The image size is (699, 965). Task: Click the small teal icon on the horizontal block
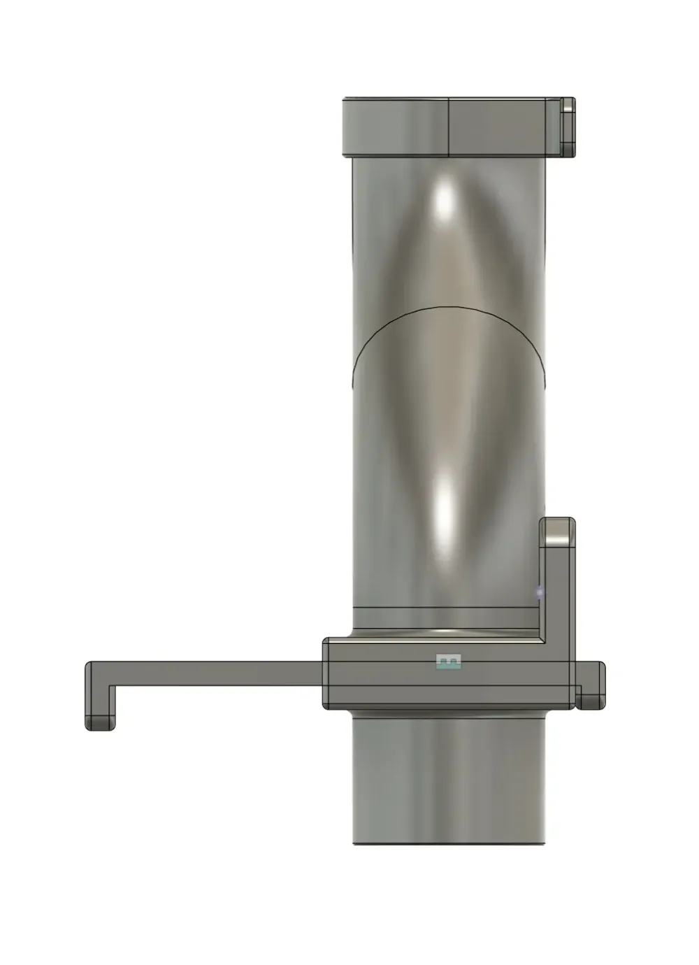pyautogui.click(x=449, y=662)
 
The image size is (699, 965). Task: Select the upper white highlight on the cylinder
pyautogui.click(x=445, y=199)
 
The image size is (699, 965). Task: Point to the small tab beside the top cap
pyautogui.click(x=568, y=126)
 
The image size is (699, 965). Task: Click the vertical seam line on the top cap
pyautogui.click(x=447, y=126)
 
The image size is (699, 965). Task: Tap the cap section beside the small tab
pyautogui.click(x=503, y=126)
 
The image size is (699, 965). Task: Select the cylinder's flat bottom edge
pyautogui.click(x=447, y=844)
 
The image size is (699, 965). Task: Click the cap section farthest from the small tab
pyautogui.click(x=395, y=126)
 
